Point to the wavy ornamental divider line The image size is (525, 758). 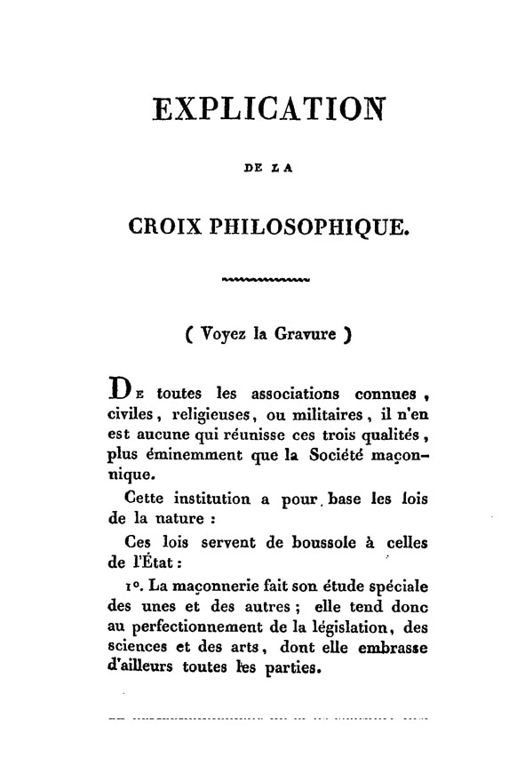click(x=264, y=283)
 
